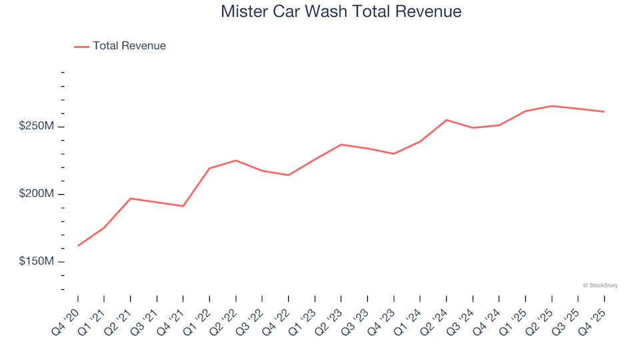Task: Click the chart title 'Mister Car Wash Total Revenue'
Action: tap(341, 12)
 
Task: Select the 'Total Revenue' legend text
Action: tap(129, 46)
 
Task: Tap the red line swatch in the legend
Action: tap(81, 47)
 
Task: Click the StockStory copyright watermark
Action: tap(600, 285)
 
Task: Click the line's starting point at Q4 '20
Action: tap(78, 246)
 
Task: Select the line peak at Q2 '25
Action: tap(552, 106)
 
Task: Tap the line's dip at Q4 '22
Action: tap(289, 175)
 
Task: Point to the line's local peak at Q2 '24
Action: tap(447, 120)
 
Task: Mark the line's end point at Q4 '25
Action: tap(605, 111)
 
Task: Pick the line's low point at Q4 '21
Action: tap(183, 206)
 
